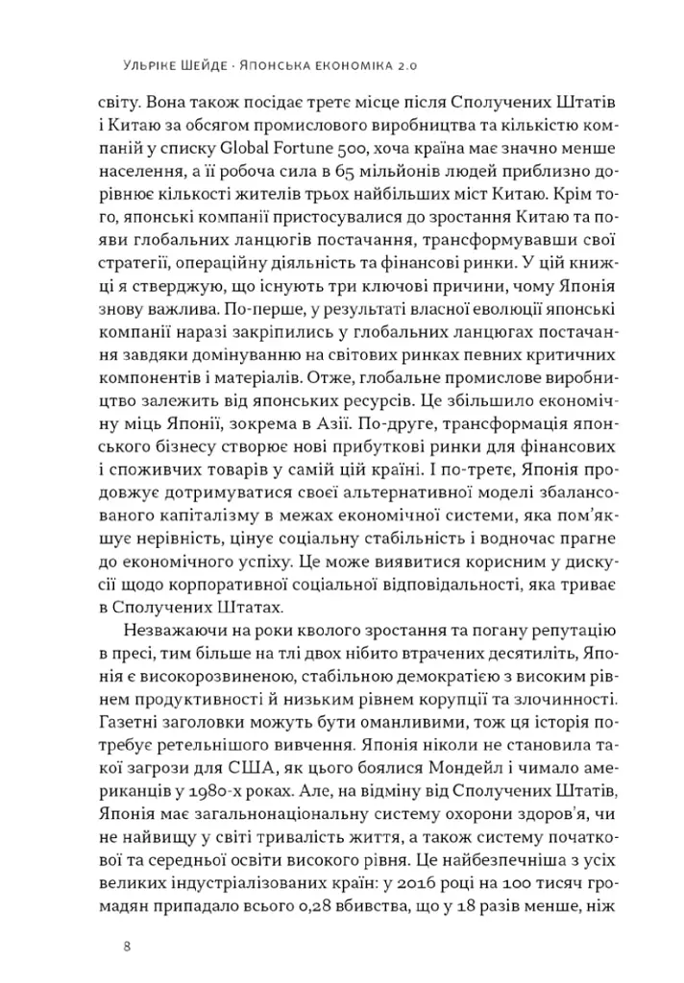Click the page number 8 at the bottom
click(127, 946)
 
